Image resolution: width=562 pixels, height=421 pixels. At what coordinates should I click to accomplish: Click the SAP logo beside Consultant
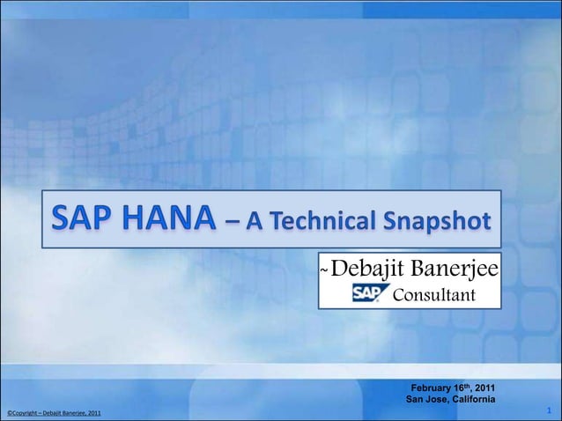(x=366, y=293)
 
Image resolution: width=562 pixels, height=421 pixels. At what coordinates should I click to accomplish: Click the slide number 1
(x=549, y=410)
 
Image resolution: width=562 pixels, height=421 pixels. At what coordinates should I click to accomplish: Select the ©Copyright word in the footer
(x=21, y=413)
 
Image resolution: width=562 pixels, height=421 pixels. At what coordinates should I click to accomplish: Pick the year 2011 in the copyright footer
(x=92, y=413)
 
